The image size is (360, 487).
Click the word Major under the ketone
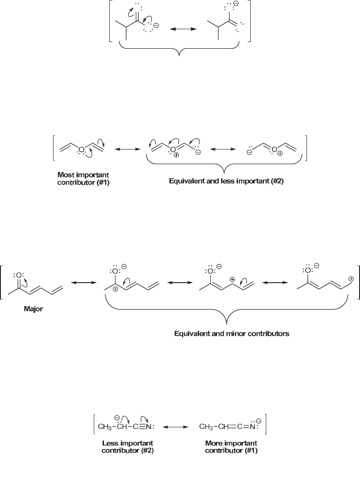pos(33,309)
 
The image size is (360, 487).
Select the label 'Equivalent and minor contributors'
pos(232,334)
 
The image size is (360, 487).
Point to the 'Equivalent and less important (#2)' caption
pos(226,181)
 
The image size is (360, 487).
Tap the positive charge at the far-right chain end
pos(352,279)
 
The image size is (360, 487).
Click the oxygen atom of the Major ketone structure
pos(19,275)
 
